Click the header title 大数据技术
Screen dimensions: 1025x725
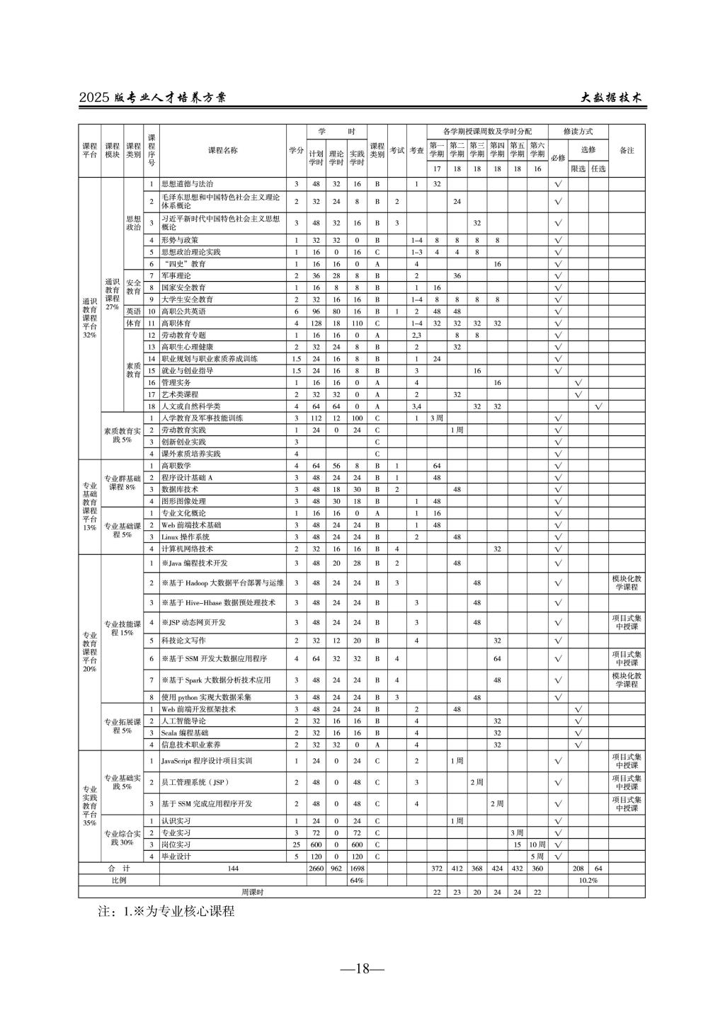(x=611, y=98)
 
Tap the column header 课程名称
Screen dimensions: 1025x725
(x=223, y=150)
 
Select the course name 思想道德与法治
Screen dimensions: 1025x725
(x=188, y=184)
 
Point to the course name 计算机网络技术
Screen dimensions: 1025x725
(x=187, y=549)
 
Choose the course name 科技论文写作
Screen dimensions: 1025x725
(x=183, y=641)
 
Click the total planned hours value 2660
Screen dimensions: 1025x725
(x=316, y=869)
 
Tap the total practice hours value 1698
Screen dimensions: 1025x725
(x=357, y=869)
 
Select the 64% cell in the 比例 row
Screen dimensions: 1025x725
(x=357, y=881)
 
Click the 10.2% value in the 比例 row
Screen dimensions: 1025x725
(x=588, y=881)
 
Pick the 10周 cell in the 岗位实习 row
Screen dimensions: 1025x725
(x=537, y=844)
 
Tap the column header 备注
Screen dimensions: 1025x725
(x=627, y=150)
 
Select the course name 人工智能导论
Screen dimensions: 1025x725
(x=183, y=721)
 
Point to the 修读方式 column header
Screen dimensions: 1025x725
(x=578, y=132)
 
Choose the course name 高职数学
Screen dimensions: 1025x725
(x=176, y=466)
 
